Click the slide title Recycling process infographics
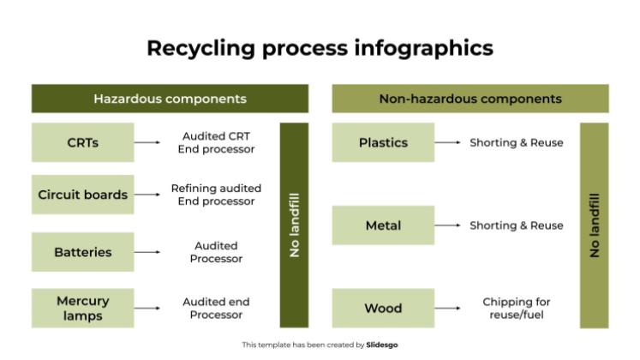pos(320,47)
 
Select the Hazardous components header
pos(170,99)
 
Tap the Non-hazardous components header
pos(470,99)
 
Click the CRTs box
pos(83,142)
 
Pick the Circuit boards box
pos(83,195)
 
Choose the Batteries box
pos(83,252)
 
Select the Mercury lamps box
pos(83,308)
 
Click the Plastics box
pos(383,142)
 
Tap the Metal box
pos(383,225)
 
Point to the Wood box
pos(383,308)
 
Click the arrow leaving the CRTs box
pos(147,142)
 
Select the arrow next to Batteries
pos(147,252)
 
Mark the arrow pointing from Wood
pos(447,308)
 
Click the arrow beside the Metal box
pos(447,225)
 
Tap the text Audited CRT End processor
pos(216,142)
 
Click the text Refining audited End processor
pos(216,195)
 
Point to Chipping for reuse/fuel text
pos(516,308)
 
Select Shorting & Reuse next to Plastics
pos(516,142)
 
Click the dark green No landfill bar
pos(295,225)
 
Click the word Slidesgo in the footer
pos(382,345)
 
